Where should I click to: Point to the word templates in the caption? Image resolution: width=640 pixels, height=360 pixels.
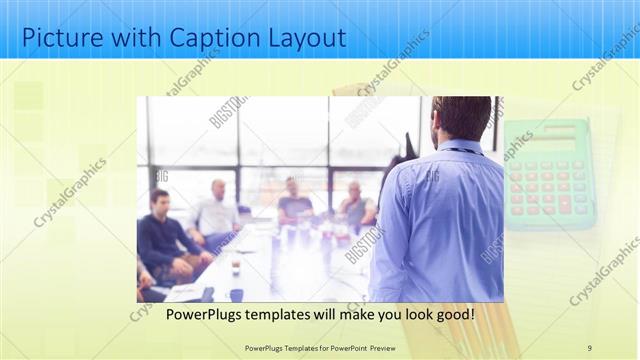pyautogui.click(x=291, y=314)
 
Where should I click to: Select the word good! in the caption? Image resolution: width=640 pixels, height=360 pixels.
pyautogui.click(x=452, y=314)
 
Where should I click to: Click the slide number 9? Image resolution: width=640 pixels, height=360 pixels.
pyautogui.click(x=590, y=347)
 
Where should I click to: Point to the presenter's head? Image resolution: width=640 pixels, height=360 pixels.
pyautogui.click(x=462, y=117)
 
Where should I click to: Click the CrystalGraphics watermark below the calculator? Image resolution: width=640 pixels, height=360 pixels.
pyautogui.click(x=604, y=270)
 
